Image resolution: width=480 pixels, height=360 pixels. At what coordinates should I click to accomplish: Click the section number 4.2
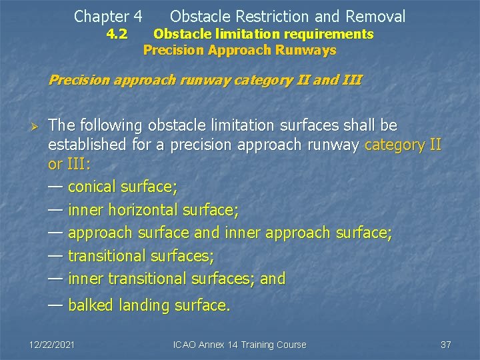[117, 34]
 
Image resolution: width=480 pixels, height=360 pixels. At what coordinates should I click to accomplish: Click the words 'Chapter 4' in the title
[108, 16]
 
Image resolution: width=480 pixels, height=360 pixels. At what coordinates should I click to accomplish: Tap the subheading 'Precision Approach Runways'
[240, 50]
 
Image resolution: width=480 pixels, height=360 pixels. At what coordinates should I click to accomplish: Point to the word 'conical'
[92, 187]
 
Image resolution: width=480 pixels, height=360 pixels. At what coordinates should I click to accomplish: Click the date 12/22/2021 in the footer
[52, 345]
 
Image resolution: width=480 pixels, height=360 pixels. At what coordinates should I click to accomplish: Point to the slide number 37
[446, 345]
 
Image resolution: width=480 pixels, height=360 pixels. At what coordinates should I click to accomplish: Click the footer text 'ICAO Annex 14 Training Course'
[239, 345]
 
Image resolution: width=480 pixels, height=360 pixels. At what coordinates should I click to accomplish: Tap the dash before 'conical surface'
[56, 187]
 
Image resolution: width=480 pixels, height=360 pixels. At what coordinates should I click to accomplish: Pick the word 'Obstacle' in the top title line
[200, 16]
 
